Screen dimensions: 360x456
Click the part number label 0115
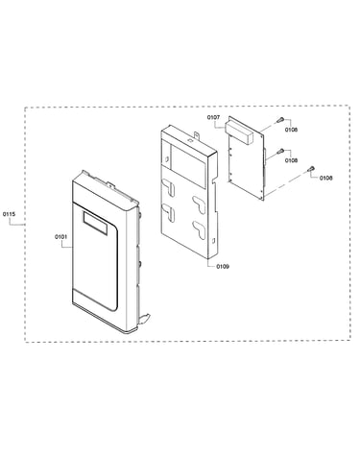point(9,214)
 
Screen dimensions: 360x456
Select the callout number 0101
point(60,237)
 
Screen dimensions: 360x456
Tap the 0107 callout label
point(213,117)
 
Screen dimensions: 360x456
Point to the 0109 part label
point(223,266)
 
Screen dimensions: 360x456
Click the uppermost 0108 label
point(291,130)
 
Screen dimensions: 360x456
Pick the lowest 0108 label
point(325,178)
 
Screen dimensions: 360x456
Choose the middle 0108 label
point(291,160)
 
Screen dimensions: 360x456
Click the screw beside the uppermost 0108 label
point(279,120)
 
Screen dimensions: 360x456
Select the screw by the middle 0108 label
point(280,151)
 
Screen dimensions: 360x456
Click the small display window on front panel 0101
point(95,223)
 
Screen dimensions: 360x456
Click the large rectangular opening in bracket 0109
point(188,166)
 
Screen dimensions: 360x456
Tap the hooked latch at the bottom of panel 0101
point(144,319)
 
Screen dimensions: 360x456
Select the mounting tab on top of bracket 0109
point(195,135)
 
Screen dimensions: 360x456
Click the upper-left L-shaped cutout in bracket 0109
point(169,187)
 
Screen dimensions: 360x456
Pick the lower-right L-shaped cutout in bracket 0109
point(199,229)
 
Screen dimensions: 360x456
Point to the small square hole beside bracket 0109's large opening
point(167,158)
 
